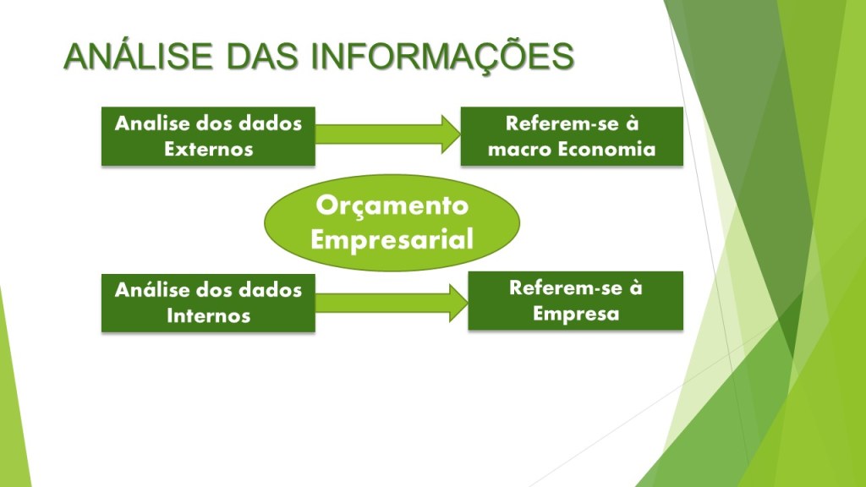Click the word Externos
pos(209,149)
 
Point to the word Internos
pos(209,316)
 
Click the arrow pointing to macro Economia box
pos(387,134)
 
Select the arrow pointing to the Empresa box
pos(392,303)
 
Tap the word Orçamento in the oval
pos(392,206)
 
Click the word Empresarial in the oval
pos(392,239)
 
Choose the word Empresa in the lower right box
pos(575,315)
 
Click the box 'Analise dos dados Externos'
pos(208,136)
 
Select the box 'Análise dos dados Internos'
pos(208,304)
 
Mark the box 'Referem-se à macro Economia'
pos(572,136)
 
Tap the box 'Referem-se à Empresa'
pos(575,301)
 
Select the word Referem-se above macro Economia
pos(555,123)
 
